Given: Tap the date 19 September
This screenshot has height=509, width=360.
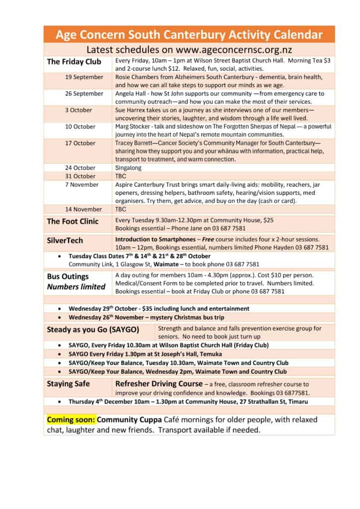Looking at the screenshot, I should [x=84, y=77].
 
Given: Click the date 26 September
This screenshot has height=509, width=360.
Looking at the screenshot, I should [x=84, y=93].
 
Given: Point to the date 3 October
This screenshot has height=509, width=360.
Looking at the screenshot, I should [x=79, y=110].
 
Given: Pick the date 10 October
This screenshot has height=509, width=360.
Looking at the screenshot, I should [x=80, y=126].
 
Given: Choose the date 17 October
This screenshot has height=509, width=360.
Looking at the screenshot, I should [x=80, y=143].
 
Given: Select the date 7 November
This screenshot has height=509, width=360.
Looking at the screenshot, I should [x=82, y=184].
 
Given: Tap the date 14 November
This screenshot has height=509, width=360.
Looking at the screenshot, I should [x=84, y=209].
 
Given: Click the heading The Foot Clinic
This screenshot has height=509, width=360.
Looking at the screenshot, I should [x=73, y=221].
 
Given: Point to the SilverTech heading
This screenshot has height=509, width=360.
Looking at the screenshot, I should [x=65, y=240].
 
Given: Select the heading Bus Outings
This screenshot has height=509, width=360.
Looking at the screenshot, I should [x=68, y=276].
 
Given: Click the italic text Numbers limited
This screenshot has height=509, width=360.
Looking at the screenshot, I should [x=76, y=286].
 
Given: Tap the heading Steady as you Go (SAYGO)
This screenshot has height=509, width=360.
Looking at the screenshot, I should [x=93, y=329].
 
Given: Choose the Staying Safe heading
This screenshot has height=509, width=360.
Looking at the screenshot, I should [x=69, y=384].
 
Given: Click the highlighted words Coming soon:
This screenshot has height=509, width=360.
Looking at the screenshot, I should [x=70, y=420].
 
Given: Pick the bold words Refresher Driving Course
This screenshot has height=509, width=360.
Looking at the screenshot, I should [x=159, y=384].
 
